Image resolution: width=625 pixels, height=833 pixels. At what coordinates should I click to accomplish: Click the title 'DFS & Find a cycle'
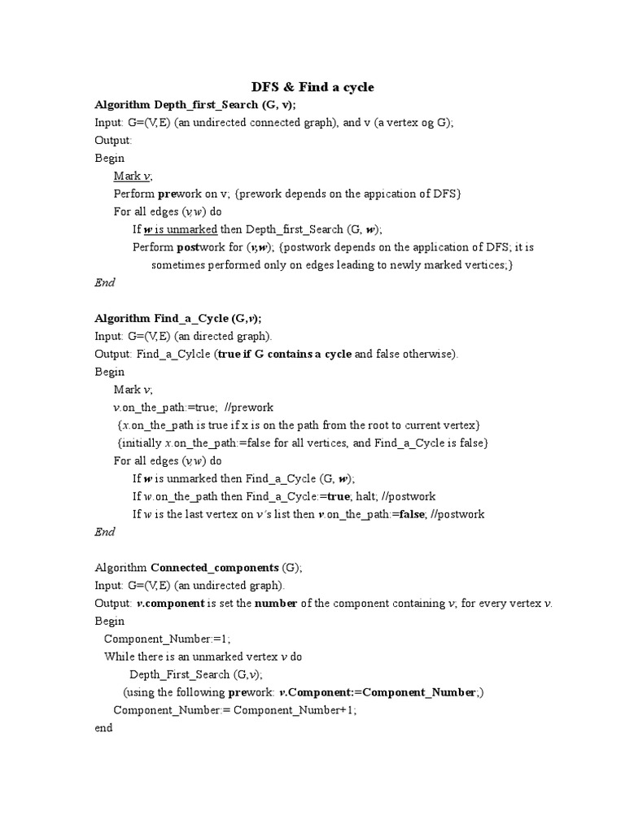pos(312,87)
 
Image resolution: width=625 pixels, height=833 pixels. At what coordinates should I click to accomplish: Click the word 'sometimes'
pos(181,265)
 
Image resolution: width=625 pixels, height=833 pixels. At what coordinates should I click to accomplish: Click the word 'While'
pos(119,656)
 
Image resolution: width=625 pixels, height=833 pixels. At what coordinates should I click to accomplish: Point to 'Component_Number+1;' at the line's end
pos(295,710)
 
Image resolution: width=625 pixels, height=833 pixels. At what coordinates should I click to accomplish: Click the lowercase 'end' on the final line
pos(103,728)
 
